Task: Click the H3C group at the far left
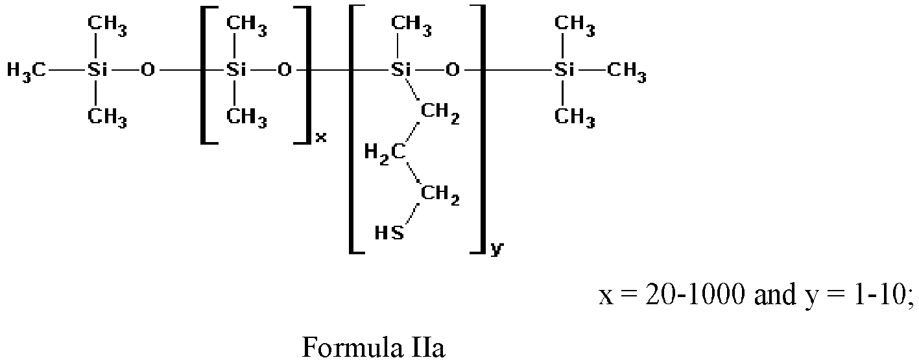click(26, 71)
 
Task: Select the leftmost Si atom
click(97, 70)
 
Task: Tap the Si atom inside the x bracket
click(236, 70)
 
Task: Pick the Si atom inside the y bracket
click(400, 70)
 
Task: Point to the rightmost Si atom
click(564, 70)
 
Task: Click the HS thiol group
click(389, 233)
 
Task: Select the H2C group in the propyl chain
click(385, 153)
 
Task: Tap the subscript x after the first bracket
click(321, 137)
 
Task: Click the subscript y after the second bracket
click(497, 248)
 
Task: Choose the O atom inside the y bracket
click(453, 70)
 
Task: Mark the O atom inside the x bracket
click(284, 70)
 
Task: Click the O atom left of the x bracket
click(148, 70)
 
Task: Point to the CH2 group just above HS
click(440, 195)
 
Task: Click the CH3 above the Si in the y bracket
click(411, 25)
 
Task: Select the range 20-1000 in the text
click(695, 294)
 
